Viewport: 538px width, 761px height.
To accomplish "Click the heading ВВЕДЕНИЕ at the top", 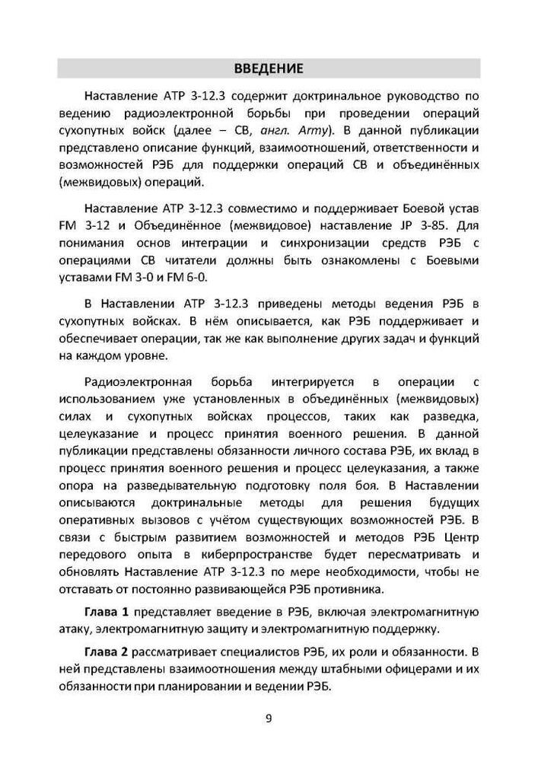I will pos(269,68).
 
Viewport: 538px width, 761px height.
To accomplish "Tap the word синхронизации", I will pos(349,244).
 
